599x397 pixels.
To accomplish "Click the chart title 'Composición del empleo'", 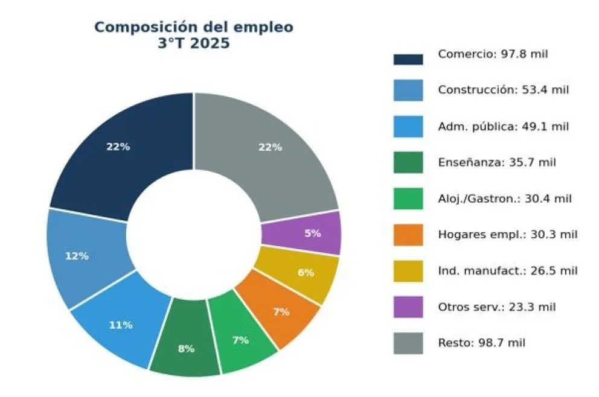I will (x=194, y=27).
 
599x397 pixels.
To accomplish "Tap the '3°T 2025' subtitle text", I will (x=194, y=44).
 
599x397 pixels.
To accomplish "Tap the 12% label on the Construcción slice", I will (x=77, y=256).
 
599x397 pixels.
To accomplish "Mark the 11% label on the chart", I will (x=121, y=325).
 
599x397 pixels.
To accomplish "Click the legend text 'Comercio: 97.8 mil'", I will (x=493, y=54).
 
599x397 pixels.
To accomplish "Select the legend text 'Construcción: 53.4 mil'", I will (x=504, y=91).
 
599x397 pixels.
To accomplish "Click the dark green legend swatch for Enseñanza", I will (x=408, y=163).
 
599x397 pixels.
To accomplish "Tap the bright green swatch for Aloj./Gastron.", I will (x=408, y=198).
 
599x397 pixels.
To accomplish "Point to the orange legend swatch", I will (x=408, y=235).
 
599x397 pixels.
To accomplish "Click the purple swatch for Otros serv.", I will (x=408, y=307).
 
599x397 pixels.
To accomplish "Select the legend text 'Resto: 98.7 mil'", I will (x=481, y=343).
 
